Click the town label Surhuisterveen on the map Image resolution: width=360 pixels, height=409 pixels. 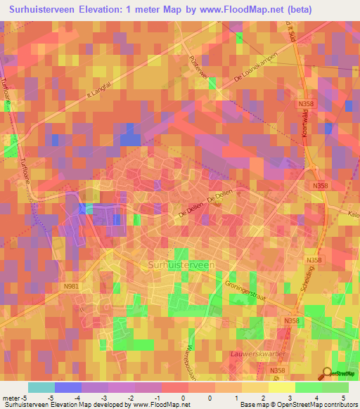(x=182, y=264)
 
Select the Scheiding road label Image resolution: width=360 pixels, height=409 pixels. (x=305, y=285)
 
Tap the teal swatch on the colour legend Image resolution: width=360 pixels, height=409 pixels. (x=41, y=387)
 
